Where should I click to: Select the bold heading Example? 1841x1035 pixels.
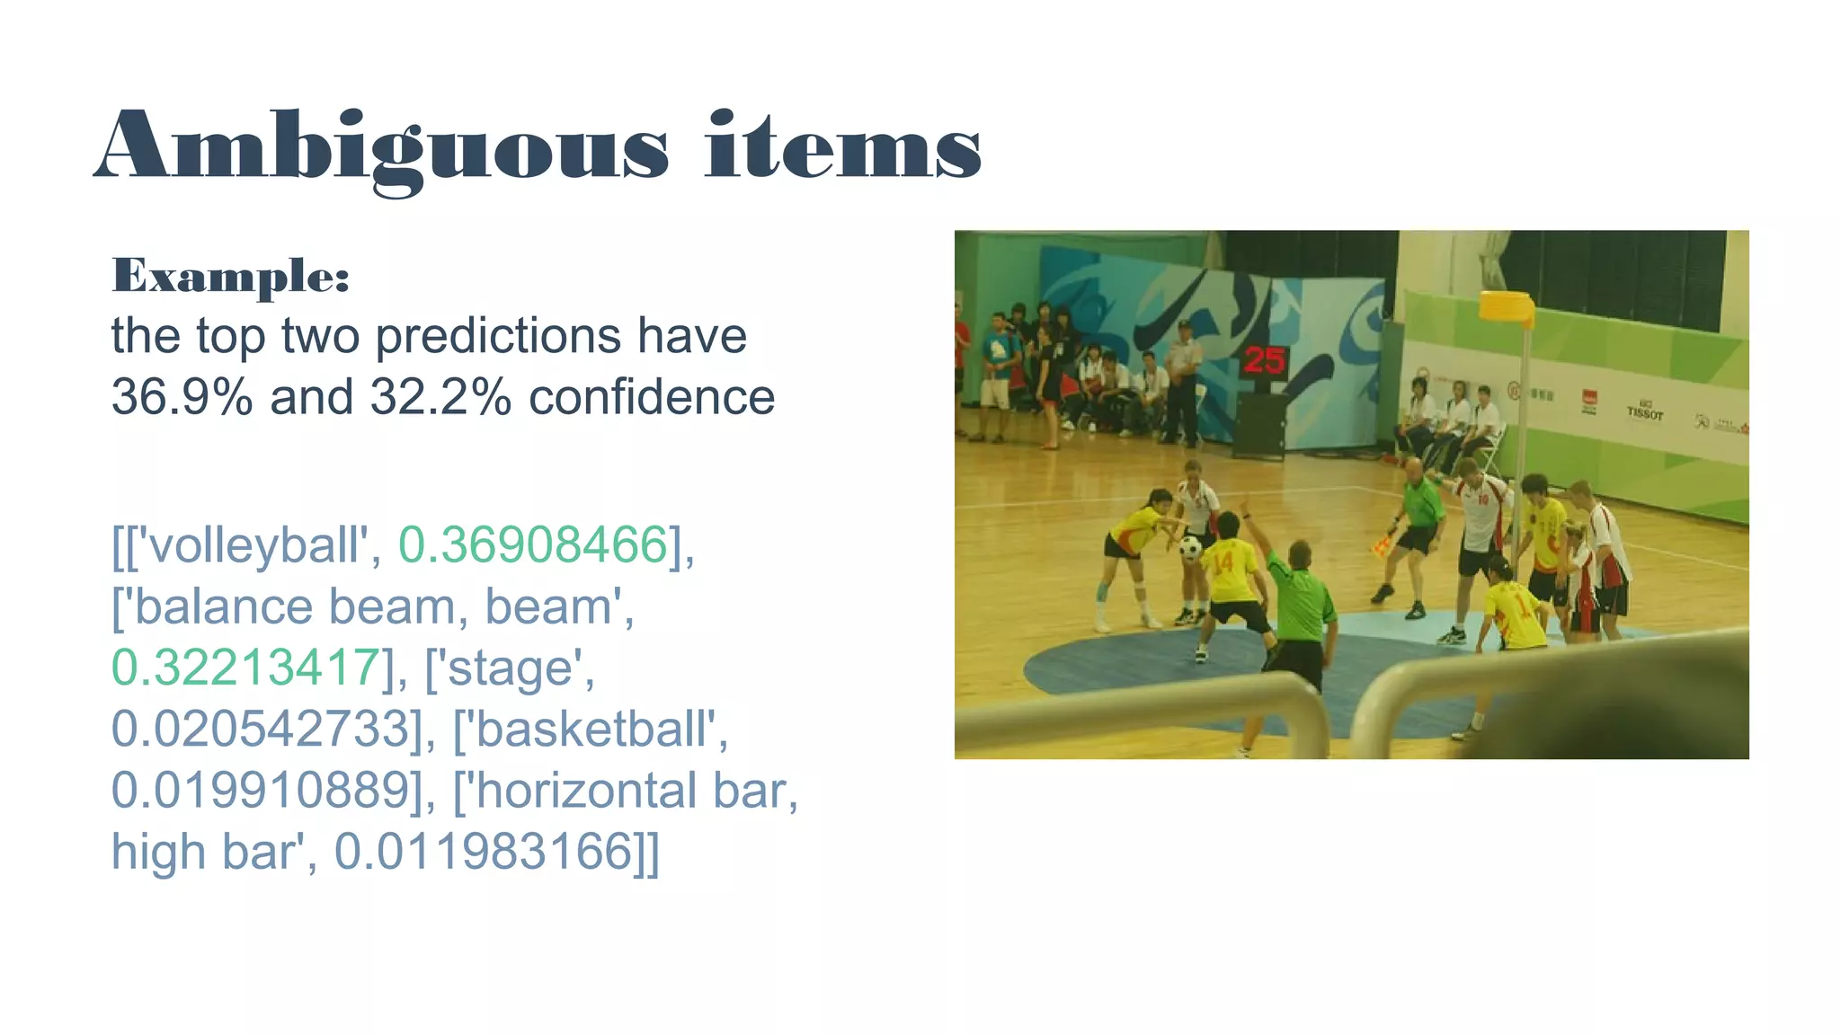point(230,275)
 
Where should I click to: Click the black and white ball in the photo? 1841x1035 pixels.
point(1191,547)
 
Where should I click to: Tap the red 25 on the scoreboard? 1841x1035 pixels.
point(1264,361)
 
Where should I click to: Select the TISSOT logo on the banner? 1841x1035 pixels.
point(1644,412)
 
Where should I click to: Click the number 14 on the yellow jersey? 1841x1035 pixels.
point(1223,562)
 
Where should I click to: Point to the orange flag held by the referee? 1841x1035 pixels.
point(1381,544)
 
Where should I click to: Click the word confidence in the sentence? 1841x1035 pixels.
point(652,396)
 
